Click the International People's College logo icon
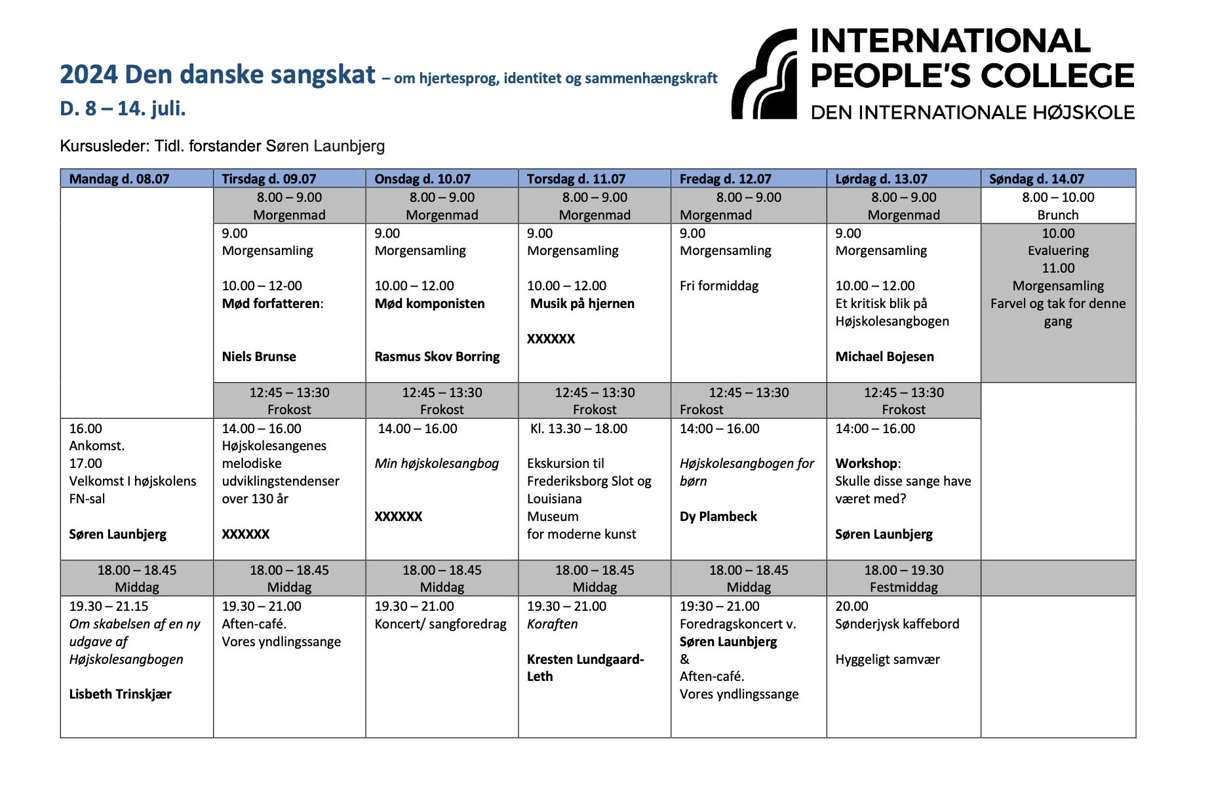pos(764,74)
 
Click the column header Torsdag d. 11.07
pos(576,179)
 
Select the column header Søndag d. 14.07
pos(1036,179)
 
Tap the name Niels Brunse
pos(258,357)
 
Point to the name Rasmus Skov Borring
pos(437,357)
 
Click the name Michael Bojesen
pos(884,357)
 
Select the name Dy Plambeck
pos(718,516)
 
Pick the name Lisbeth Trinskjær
pos(120,694)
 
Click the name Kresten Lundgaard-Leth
pos(585,668)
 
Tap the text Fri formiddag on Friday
pos(718,286)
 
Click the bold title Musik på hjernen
pos(582,303)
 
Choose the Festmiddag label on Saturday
pos(903,587)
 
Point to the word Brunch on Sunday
pos(1057,215)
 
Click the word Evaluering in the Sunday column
pos(1057,250)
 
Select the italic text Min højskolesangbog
pos(437,463)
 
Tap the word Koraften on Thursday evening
pos(552,624)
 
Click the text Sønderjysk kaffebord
pos(897,624)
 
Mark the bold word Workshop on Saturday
pos(867,463)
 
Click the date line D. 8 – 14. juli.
pos(123,108)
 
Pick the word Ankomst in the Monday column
pos(96,446)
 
